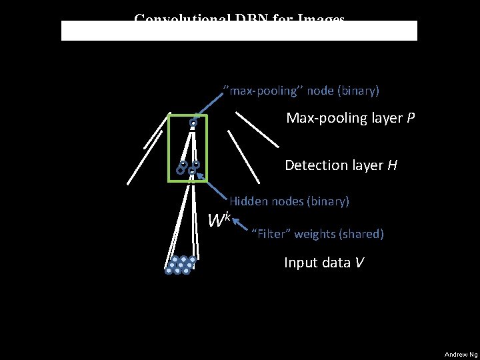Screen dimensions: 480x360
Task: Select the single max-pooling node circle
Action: pos(193,123)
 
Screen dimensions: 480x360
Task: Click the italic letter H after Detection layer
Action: pos(393,165)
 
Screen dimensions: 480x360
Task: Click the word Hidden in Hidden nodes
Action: pos(248,200)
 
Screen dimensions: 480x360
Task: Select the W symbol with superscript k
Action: pos(219,219)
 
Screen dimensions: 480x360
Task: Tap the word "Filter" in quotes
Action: pos(274,233)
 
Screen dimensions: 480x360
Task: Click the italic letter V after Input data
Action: pos(359,263)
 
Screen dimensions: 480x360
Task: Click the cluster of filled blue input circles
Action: pos(181,265)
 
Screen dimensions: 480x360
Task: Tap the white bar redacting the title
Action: pos(239,31)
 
